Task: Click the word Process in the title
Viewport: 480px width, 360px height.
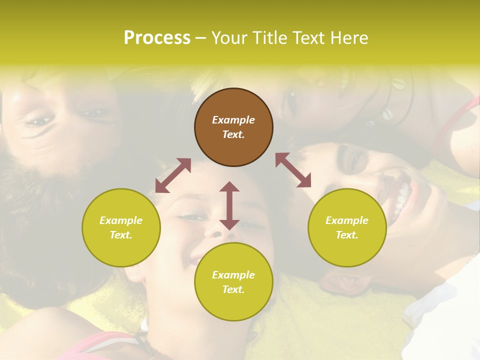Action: (157, 38)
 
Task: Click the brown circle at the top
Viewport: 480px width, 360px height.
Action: (233, 127)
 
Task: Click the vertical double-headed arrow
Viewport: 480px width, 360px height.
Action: (229, 205)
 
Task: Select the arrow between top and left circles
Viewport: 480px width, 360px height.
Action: (173, 175)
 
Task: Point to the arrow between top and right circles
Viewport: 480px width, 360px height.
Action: (293, 170)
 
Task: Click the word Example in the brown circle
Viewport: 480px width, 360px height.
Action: (233, 120)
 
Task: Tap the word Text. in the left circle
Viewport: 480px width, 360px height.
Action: (121, 235)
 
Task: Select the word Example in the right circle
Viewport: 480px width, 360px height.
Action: (347, 220)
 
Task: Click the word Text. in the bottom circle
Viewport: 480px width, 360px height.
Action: (233, 289)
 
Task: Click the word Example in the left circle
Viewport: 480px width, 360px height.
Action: (121, 220)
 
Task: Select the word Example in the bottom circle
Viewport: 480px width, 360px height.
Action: (233, 275)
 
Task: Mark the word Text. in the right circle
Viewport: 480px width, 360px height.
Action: (347, 235)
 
